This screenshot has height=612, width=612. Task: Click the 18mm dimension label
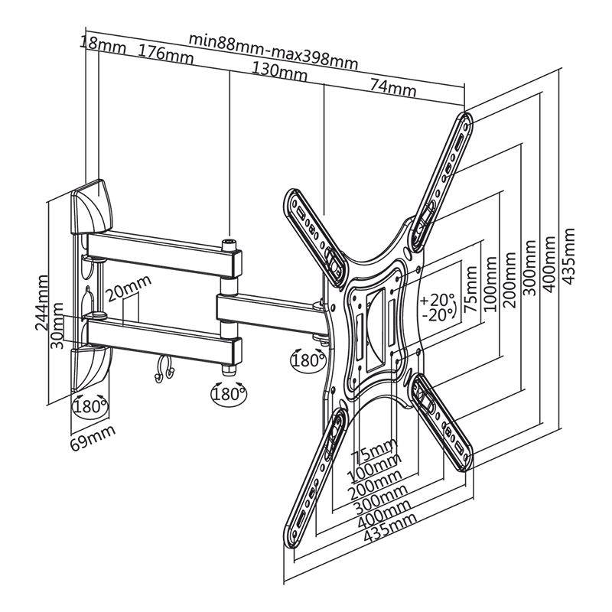coord(103,46)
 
